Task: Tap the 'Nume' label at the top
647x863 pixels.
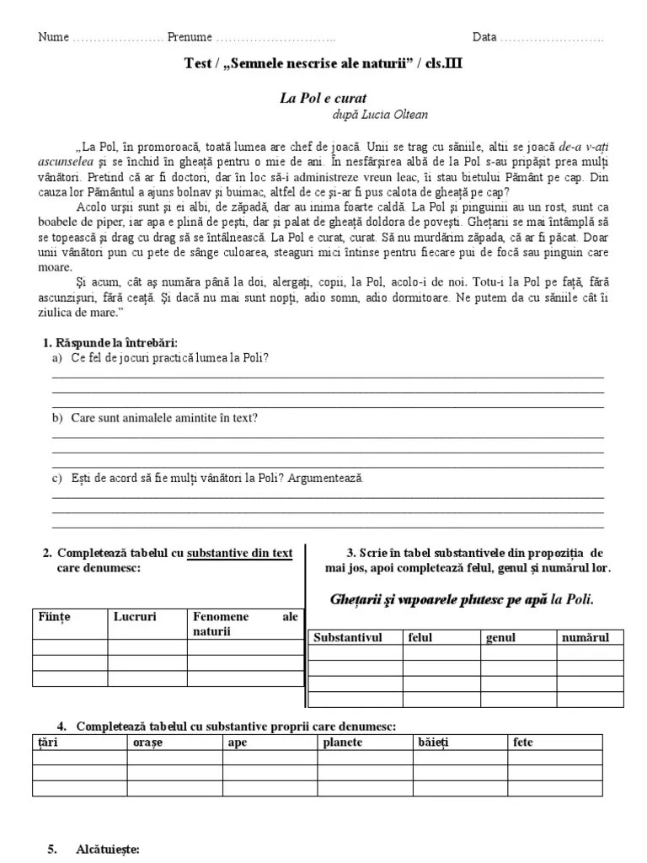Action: [x=53, y=38]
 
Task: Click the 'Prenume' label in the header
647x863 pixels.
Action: [x=190, y=38]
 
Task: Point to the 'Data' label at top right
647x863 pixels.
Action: [x=484, y=38]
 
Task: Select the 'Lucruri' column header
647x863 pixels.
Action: [x=136, y=617]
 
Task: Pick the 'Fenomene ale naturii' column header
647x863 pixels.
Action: [x=244, y=624]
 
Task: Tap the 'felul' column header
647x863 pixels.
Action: [x=420, y=637]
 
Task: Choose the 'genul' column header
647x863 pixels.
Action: [x=500, y=637]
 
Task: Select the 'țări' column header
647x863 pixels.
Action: [x=47, y=742]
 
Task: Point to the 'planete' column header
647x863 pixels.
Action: [x=344, y=742]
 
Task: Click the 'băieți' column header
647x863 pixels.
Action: [x=435, y=742]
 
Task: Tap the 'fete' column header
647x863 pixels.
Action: [x=522, y=742]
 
